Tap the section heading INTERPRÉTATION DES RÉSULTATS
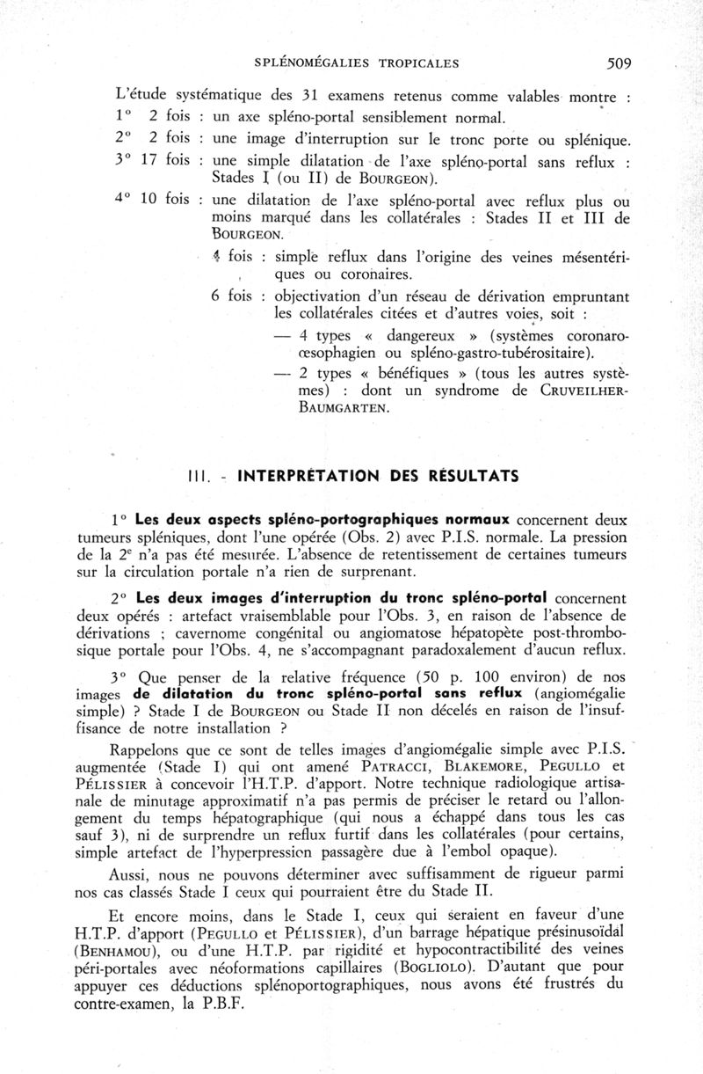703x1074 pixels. coord(379,477)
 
